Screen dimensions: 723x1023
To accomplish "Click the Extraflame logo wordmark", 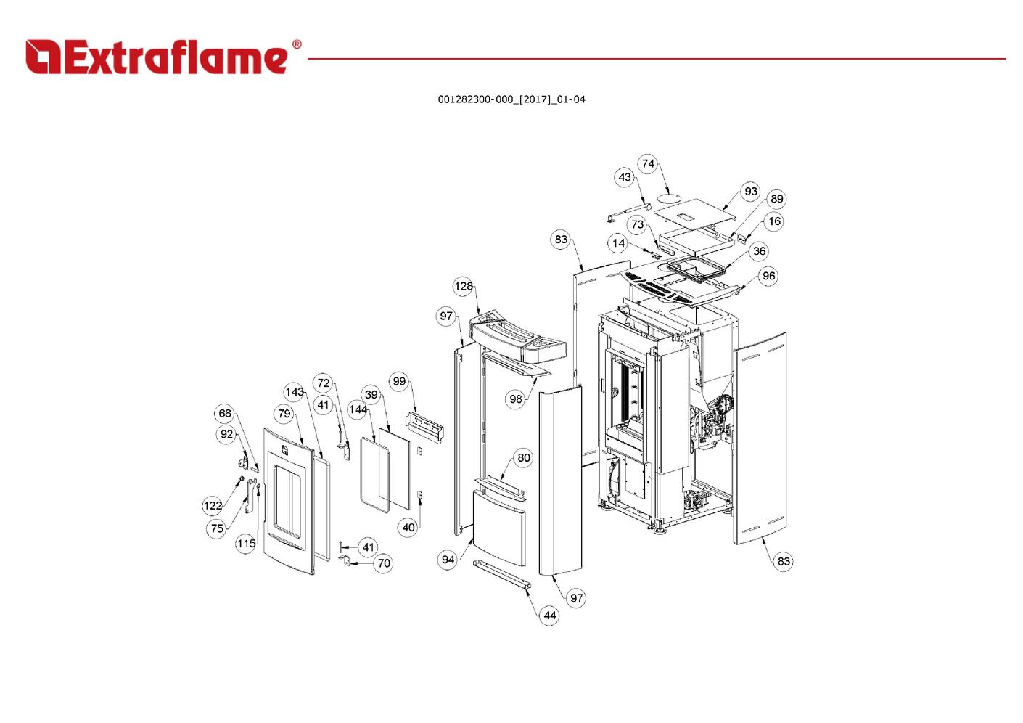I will pyautogui.click(x=163, y=57).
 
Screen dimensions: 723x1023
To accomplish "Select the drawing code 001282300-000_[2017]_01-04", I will pyautogui.click(x=511, y=99).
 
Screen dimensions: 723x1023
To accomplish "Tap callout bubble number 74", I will pyautogui.click(x=648, y=163).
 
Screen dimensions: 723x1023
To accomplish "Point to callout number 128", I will pyautogui.click(x=464, y=286).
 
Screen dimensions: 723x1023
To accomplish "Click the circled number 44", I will pyautogui.click(x=549, y=616).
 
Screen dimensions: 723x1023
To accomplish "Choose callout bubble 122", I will pyautogui.click(x=213, y=506).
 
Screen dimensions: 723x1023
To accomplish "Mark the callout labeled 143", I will pyautogui.click(x=294, y=392).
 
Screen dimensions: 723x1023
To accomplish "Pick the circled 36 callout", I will pyautogui.click(x=759, y=251).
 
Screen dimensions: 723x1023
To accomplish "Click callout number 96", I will pyautogui.click(x=768, y=276).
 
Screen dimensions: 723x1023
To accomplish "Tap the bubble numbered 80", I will pyautogui.click(x=524, y=458).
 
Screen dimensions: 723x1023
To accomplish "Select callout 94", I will pyautogui.click(x=448, y=559).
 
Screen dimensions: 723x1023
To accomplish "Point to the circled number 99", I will pyautogui.click(x=399, y=382).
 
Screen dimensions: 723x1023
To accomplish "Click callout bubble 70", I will pyautogui.click(x=384, y=563).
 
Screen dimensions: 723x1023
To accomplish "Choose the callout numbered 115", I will pyautogui.click(x=246, y=543).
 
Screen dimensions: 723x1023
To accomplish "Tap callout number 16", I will pyautogui.click(x=774, y=221).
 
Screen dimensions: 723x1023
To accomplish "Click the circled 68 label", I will pyautogui.click(x=225, y=414).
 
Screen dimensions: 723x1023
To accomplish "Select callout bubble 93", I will pyautogui.click(x=750, y=192).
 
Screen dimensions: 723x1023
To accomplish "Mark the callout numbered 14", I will pyautogui.click(x=618, y=243).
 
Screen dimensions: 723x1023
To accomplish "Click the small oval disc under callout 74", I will pyautogui.click(x=670, y=197).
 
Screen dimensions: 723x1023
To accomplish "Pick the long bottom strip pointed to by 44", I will pyautogui.click(x=502, y=573).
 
